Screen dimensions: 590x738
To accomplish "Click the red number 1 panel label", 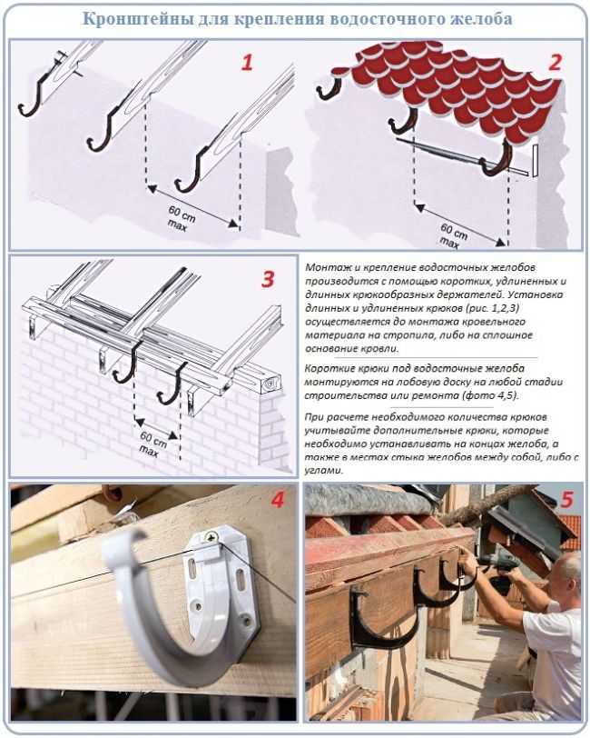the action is pos(247,63).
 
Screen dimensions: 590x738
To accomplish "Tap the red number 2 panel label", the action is pos(555,63).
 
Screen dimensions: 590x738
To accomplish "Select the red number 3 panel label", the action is pos(267,280).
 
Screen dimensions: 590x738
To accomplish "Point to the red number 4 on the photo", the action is pos(278,500).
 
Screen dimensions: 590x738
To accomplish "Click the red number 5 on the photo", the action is pos(567,500).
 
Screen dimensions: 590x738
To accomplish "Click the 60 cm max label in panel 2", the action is pos(452,235).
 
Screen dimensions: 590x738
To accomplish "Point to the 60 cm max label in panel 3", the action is pos(152,443).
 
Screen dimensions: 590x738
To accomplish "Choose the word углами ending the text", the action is pos(324,471).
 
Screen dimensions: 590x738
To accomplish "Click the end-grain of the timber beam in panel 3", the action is pos(270,384).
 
